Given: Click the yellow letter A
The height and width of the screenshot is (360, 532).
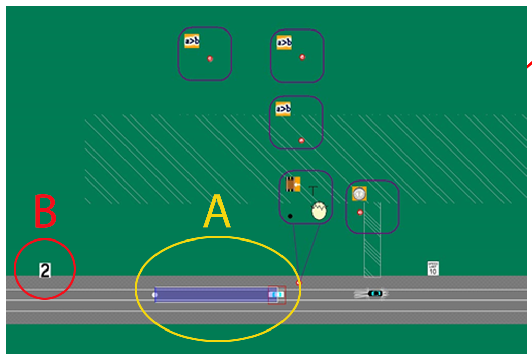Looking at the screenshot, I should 217,214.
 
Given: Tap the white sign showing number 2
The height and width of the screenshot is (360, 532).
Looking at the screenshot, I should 45,270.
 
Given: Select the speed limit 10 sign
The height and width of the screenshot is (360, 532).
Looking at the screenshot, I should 433,268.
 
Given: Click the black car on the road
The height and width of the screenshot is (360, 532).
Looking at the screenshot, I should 375,293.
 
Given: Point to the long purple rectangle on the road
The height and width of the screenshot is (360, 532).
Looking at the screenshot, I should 213,294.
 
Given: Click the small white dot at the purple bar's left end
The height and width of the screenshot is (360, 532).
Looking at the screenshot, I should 154,295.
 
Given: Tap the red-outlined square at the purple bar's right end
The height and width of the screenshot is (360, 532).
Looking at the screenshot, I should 277,294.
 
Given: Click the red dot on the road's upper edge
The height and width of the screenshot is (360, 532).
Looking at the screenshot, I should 298,282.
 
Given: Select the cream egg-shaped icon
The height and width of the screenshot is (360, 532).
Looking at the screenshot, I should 319,211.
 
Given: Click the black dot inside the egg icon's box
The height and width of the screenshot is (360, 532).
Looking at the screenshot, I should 290,216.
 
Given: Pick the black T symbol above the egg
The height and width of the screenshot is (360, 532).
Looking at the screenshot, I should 313,191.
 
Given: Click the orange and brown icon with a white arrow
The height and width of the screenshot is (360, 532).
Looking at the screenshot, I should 293,185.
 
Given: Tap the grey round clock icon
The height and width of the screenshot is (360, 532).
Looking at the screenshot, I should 360,193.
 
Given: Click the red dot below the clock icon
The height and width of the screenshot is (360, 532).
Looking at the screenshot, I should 360,212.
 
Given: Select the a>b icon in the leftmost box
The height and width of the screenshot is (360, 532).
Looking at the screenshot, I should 192,41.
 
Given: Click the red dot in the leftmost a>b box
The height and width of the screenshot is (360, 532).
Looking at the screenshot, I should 210,59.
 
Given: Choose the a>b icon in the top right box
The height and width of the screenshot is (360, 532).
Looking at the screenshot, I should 284,43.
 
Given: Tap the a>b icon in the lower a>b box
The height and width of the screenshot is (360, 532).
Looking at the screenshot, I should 283,109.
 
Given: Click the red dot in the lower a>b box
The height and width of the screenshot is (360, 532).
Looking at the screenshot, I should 301,140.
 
